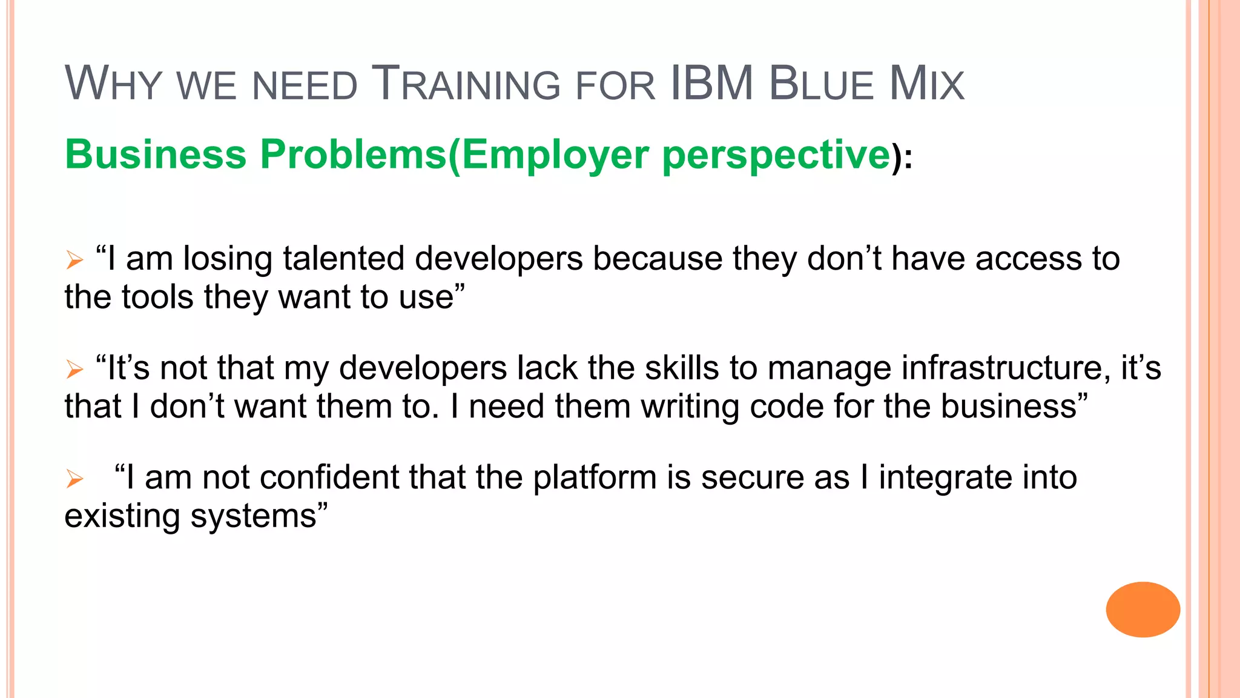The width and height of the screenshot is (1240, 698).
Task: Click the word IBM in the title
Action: pos(712,84)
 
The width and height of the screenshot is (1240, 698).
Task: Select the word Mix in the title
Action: pos(926,84)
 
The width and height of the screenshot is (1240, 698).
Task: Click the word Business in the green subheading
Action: pos(156,155)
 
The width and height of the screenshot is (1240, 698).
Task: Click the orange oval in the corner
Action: pos(1143,610)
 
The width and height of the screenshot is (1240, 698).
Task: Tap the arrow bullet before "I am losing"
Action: pos(74,261)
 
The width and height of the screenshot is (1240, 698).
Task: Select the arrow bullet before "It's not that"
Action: pos(74,369)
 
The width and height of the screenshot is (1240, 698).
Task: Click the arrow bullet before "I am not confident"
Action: pos(74,479)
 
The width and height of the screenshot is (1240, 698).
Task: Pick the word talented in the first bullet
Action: pos(343,259)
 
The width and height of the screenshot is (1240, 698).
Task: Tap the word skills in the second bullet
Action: pos(682,368)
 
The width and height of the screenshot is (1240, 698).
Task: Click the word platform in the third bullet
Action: pos(595,477)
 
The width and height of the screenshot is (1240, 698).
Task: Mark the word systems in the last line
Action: pos(254,516)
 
